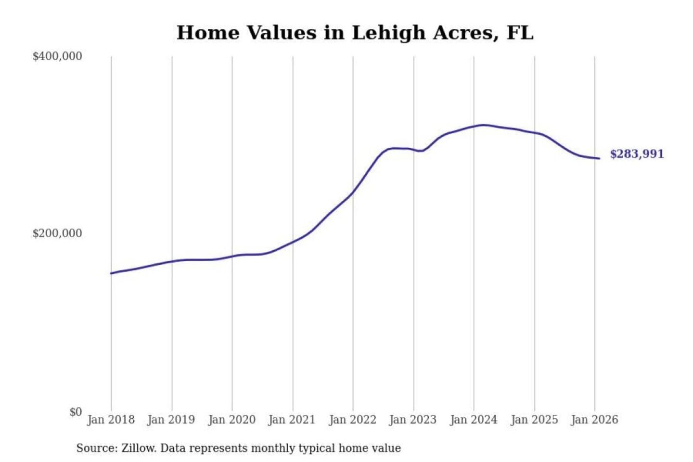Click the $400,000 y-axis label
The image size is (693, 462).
click(x=57, y=56)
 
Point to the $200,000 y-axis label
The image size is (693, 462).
click(x=57, y=233)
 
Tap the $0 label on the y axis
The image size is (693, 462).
click(x=76, y=412)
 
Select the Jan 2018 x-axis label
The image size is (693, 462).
click(x=111, y=420)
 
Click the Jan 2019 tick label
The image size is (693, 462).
click(x=171, y=420)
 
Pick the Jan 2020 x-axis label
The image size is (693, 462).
click(x=231, y=420)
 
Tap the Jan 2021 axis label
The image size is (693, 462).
click(x=292, y=420)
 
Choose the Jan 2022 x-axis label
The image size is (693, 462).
click(x=352, y=420)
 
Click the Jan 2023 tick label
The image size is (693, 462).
click(x=412, y=420)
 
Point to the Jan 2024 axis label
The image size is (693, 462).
click(x=473, y=420)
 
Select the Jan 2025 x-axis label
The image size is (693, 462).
click(x=534, y=420)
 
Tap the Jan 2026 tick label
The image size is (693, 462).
click(x=594, y=420)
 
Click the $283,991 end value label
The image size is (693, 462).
click(x=637, y=154)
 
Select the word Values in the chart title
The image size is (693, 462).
click(x=282, y=33)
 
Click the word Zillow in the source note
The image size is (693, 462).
click(x=138, y=448)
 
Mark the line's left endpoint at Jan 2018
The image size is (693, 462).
click(x=111, y=273)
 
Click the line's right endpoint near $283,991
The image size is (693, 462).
click(x=599, y=158)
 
